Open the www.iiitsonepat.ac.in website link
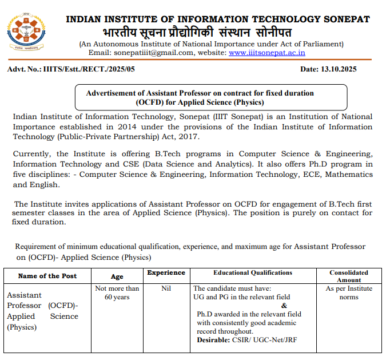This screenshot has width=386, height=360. click(x=266, y=53)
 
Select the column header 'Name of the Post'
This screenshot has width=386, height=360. click(x=47, y=276)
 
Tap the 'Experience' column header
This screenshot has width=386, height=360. click(x=166, y=273)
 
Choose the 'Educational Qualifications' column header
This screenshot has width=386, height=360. click(x=253, y=273)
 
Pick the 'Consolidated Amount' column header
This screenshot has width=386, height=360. click(x=349, y=276)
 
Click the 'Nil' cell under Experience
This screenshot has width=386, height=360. click(x=166, y=288)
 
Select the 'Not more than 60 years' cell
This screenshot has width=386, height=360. click(x=117, y=293)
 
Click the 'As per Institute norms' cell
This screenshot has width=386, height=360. click(x=349, y=293)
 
